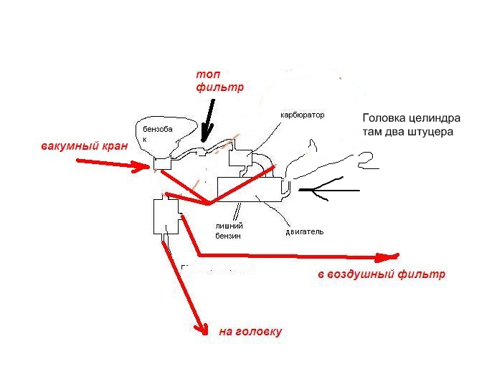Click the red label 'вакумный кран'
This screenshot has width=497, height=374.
(x=85, y=146)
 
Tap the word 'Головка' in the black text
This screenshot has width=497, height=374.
(x=387, y=118)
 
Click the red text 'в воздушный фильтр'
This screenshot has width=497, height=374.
(x=381, y=274)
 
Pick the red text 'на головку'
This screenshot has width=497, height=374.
(x=250, y=332)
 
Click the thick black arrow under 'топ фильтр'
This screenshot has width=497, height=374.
(x=209, y=119)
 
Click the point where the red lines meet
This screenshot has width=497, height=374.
(x=208, y=204)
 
